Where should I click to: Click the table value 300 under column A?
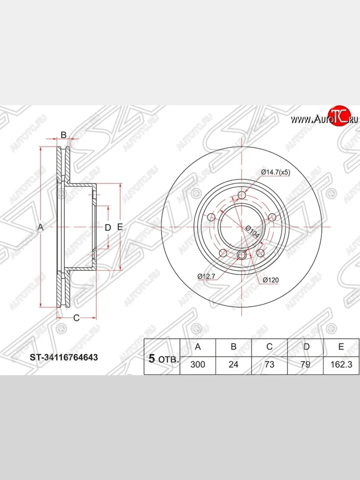click(x=198, y=364)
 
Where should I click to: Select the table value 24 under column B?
click(x=233, y=364)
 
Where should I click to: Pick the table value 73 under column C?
click(x=269, y=364)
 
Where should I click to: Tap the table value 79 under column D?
click(x=305, y=364)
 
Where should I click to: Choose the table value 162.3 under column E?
click(x=341, y=364)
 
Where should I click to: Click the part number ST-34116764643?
click(x=64, y=358)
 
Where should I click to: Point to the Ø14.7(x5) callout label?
click(x=276, y=172)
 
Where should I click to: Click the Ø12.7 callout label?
click(x=206, y=276)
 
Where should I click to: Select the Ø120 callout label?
click(x=271, y=280)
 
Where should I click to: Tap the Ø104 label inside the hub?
click(x=252, y=232)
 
